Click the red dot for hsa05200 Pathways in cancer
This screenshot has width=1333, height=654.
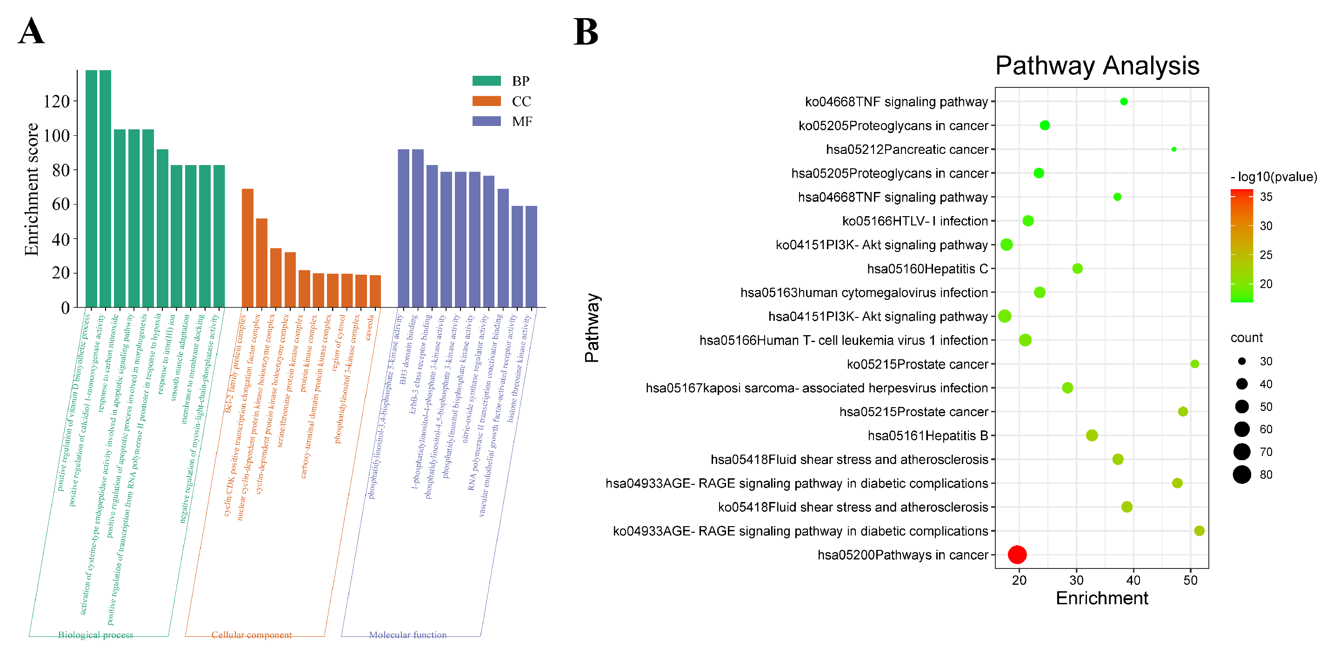[1017, 554]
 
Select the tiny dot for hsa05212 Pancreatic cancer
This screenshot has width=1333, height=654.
[1173, 149]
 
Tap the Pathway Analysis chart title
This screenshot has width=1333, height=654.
[1097, 66]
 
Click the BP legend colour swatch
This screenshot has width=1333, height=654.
[486, 81]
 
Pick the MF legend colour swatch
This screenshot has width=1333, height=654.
[486, 121]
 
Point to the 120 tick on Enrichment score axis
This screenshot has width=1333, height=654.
[56, 101]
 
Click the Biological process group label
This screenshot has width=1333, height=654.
[95, 634]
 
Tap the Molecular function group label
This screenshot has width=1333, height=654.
[407, 634]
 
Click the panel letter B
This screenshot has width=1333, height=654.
[585, 32]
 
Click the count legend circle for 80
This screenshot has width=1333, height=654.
[1241, 474]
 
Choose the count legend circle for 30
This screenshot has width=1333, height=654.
[1241, 361]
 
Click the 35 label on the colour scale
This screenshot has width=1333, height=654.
[1266, 197]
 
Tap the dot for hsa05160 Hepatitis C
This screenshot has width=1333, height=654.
[1077, 268]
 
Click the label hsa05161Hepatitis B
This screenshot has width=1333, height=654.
[927, 436]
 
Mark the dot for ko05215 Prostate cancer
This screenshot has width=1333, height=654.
[1194, 364]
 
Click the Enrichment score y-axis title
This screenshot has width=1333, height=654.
[32, 189]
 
